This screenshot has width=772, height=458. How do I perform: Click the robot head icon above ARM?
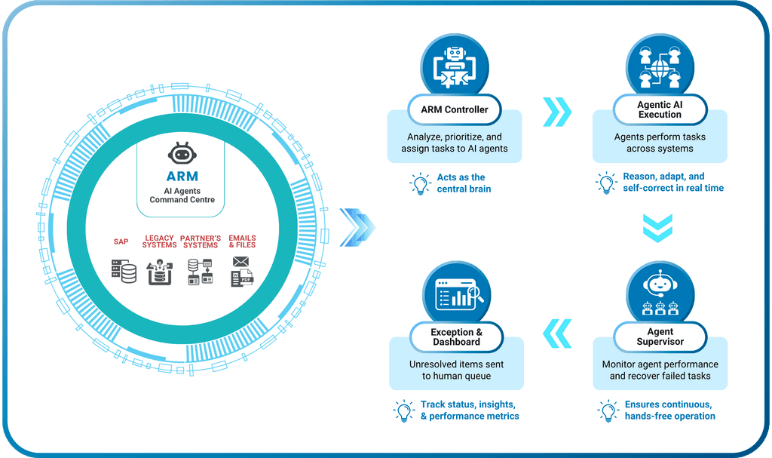pyautogui.click(x=182, y=154)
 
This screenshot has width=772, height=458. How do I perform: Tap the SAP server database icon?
pyautogui.click(x=123, y=271)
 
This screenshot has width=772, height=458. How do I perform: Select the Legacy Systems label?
pyautogui.click(x=159, y=241)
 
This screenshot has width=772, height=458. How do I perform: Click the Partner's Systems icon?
pyautogui.click(x=201, y=272)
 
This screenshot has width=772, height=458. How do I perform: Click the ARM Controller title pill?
pyautogui.click(x=455, y=109)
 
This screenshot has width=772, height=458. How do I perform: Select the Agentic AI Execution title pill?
pyautogui.click(x=660, y=109)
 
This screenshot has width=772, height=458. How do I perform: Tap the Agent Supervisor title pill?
pyautogui.click(x=660, y=337)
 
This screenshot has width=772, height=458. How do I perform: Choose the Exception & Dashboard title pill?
pyautogui.click(x=456, y=337)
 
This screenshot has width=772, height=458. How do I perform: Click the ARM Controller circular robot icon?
pyautogui.click(x=455, y=66)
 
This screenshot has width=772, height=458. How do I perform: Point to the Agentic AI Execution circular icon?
pyautogui.click(x=660, y=66)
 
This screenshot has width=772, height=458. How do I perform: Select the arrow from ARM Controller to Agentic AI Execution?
pyautogui.click(x=557, y=112)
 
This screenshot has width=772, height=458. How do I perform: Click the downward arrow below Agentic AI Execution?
pyautogui.click(x=657, y=228)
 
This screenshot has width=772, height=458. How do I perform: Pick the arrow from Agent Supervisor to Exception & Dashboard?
pyautogui.click(x=557, y=330)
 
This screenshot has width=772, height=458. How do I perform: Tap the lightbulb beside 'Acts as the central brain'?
pyautogui.click(x=418, y=183)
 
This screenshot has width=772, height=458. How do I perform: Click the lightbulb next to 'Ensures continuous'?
pyautogui.click(x=607, y=410)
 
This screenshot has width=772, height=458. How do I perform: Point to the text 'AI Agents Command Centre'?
pyautogui.click(x=182, y=195)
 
